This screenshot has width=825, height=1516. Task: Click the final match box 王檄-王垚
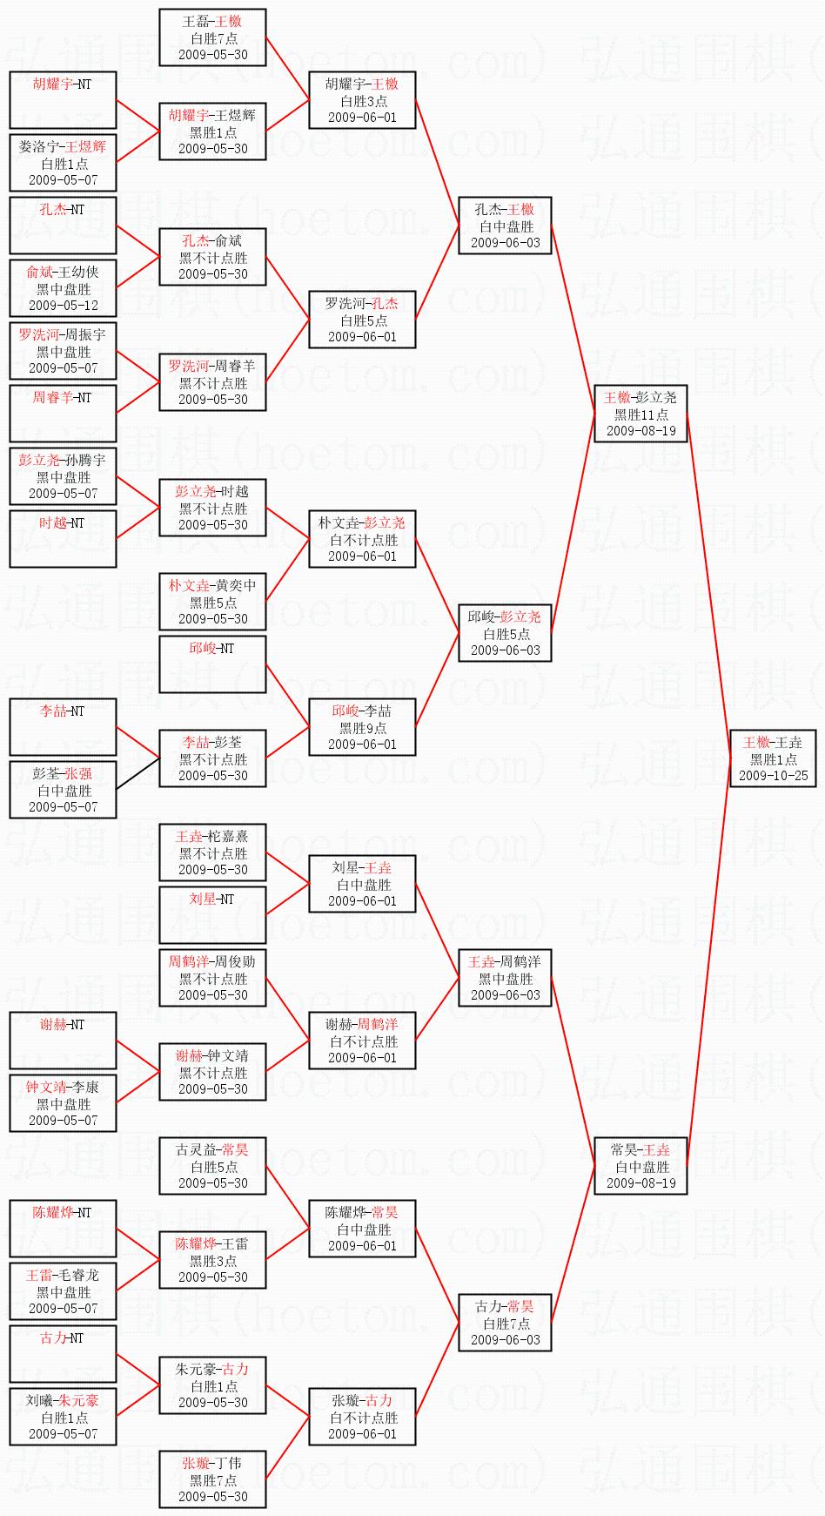[773, 758]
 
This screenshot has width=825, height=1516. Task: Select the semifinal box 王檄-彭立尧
[641, 414]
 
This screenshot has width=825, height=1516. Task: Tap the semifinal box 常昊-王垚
[641, 1166]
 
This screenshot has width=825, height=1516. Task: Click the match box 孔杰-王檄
[505, 226]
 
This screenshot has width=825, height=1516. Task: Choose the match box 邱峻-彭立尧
[505, 633]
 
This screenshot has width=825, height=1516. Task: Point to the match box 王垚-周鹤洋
[505, 978]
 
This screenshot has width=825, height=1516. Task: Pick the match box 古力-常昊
[505, 1323]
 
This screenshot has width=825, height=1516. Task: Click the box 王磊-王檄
[212, 37]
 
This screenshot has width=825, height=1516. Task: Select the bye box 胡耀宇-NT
[63, 100]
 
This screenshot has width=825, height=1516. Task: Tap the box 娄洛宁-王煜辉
[63, 163]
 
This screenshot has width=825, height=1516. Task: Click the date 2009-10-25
[773, 776]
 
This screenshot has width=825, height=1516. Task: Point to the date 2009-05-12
[64, 306]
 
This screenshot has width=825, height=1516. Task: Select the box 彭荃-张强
[63, 790]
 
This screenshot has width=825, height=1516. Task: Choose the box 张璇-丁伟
[212, 1479]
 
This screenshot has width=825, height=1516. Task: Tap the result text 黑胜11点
[641, 414]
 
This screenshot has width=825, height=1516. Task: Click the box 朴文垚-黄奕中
[212, 602]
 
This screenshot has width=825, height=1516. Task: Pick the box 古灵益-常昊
[212, 1166]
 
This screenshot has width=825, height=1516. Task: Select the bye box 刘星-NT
[212, 915]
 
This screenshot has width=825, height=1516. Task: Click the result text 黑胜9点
[363, 728]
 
